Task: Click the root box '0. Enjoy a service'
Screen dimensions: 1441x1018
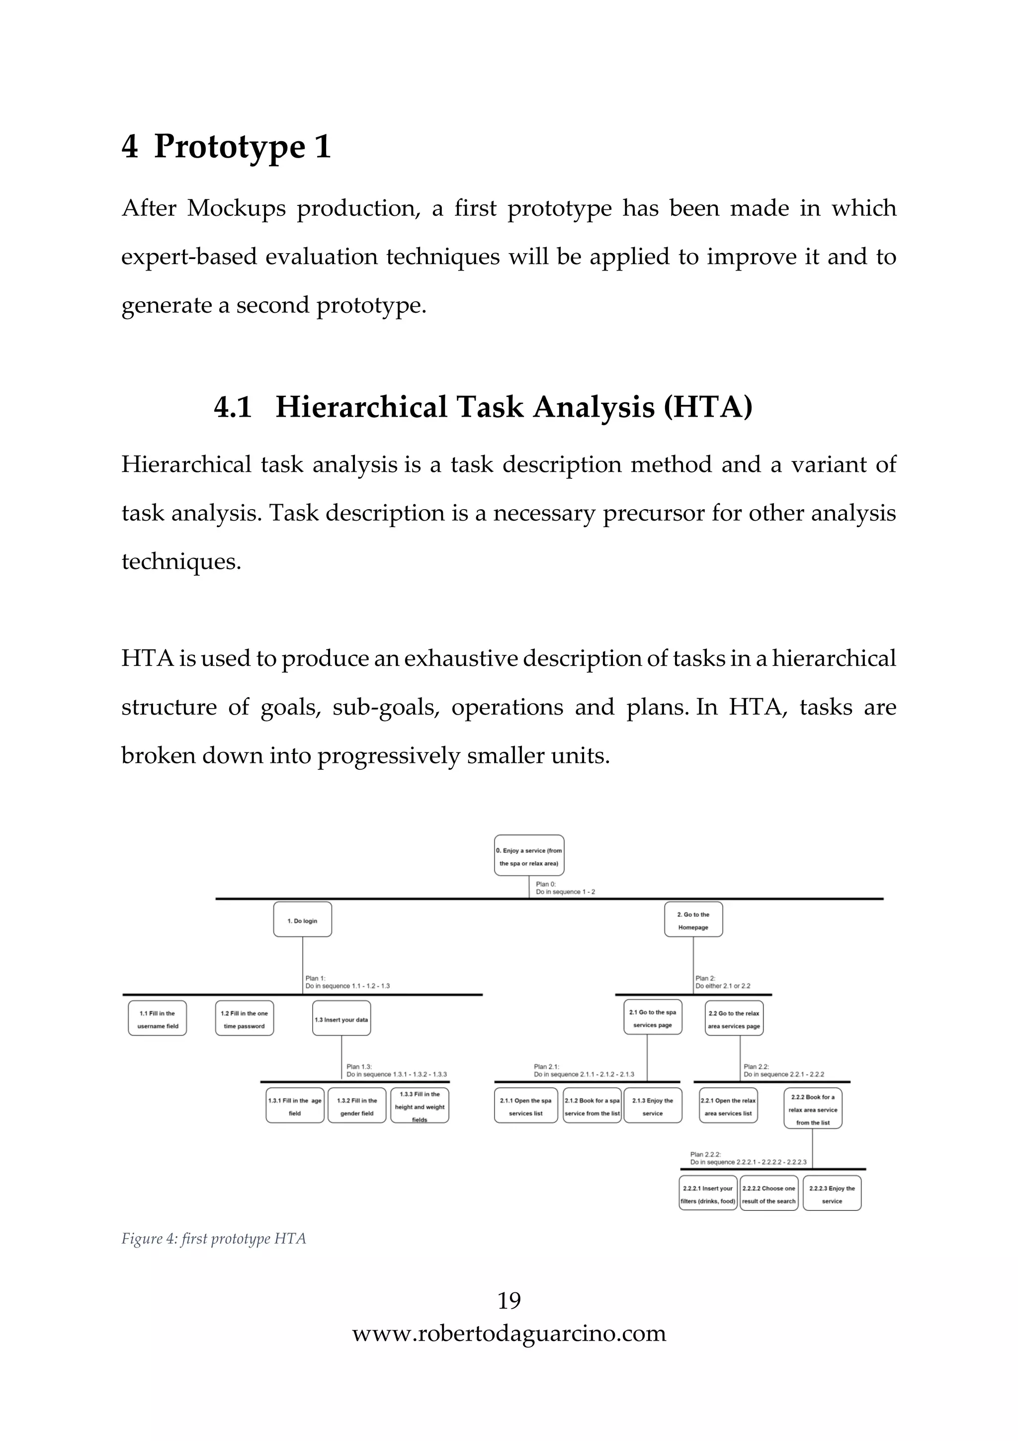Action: click(529, 855)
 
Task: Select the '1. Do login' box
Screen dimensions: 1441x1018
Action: click(302, 920)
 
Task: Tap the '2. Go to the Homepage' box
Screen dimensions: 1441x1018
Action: click(693, 920)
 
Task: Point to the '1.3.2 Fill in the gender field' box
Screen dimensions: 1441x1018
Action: click(357, 1106)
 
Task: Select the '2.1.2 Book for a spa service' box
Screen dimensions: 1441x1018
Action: click(592, 1106)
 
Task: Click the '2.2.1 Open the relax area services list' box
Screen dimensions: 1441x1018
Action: click(728, 1106)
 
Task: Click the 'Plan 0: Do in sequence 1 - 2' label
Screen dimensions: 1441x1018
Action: click(565, 888)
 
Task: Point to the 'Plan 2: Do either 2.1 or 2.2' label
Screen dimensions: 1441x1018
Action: click(723, 982)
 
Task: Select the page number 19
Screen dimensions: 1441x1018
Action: click(509, 1300)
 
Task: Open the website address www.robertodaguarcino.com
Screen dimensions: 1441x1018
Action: click(509, 1333)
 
